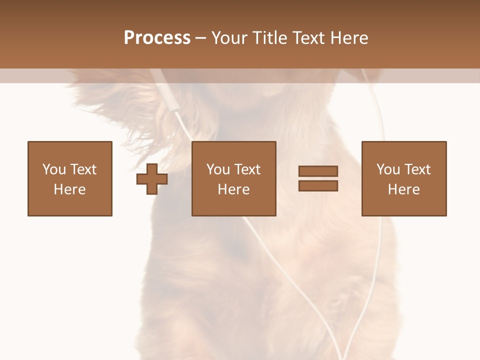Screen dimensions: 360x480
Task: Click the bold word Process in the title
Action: (157, 38)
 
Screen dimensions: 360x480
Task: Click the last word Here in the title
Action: (349, 38)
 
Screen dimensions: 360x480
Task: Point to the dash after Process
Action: (200, 38)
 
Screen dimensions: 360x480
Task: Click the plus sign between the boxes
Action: (152, 179)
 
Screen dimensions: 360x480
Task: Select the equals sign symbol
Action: (318, 178)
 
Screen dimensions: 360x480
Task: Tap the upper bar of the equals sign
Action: (318, 171)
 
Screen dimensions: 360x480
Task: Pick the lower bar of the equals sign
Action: (318, 185)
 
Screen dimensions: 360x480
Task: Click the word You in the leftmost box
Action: (53, 169)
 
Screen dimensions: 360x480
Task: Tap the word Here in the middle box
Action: (234, 189)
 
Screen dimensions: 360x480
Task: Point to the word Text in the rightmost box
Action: (416, 169)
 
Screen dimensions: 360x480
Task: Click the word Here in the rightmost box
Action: (404, 189)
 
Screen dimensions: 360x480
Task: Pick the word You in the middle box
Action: (217, 169)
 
